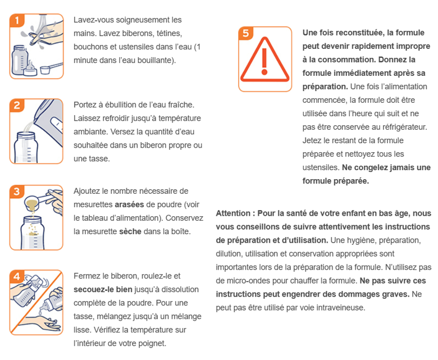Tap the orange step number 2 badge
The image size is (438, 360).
pos(17,106)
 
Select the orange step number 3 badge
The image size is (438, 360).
pos(17,192)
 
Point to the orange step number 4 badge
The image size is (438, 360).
pos(17,277)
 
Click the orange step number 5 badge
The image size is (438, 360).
pos(246,33)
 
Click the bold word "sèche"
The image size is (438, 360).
pos(130,231)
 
